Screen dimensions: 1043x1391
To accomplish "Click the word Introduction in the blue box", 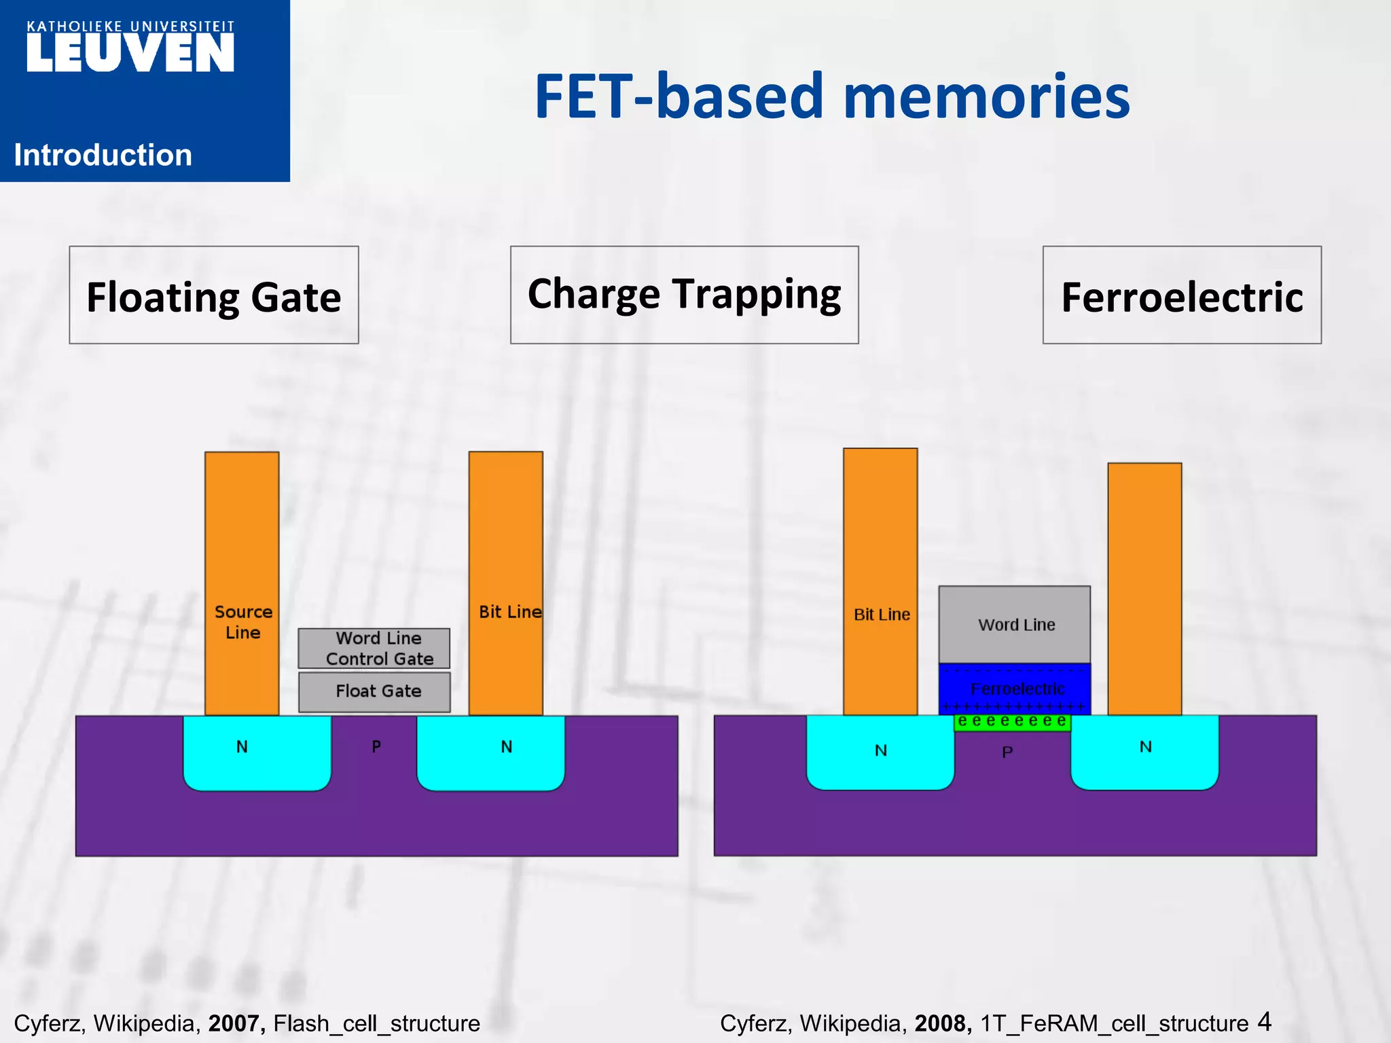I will pyautogui.click(x=103, y=155).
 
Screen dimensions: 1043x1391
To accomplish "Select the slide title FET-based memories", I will pyautogui.click(x=832, y=96).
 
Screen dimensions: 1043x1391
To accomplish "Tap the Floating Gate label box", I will pyautogui.click(x=214, y=295).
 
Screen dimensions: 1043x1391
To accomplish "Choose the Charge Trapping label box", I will pyautogui.click(x=684, y=295).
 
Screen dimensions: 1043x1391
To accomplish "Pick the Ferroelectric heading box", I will pyautogui.click(x=1182, y=295).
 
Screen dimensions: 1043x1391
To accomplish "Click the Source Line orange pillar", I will pyautogui.click(x=242, y=543).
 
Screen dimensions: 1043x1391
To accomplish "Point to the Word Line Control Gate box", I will pyautogui.click(x=374, y=648).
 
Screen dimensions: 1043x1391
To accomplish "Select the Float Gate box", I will pyautogui.click(x=374, y=692).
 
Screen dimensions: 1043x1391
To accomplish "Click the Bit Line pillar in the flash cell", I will pyautogui.click(x=506, y=543).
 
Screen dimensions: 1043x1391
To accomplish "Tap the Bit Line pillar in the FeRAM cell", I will pyautogui.click(x=880, y=543).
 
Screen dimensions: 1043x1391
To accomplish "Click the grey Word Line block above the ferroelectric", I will pyautogui.click(x=1015, y=624).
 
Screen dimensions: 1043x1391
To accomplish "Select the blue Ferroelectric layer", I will pyautogui.click(x=1015, y=688).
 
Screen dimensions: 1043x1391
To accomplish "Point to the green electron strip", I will pyautogui.click(x=1012, y=722).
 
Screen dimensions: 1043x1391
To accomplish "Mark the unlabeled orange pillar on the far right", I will pyautogui.click(x=1144, y=584).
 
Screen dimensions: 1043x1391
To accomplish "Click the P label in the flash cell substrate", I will pyautogui.click(x=376, y=747).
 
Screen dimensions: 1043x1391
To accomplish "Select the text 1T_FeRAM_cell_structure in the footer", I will pyautogui.click(x=1114, y=1023).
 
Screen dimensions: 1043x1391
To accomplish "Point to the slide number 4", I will pyautogui.click(x=1264, y=1021).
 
